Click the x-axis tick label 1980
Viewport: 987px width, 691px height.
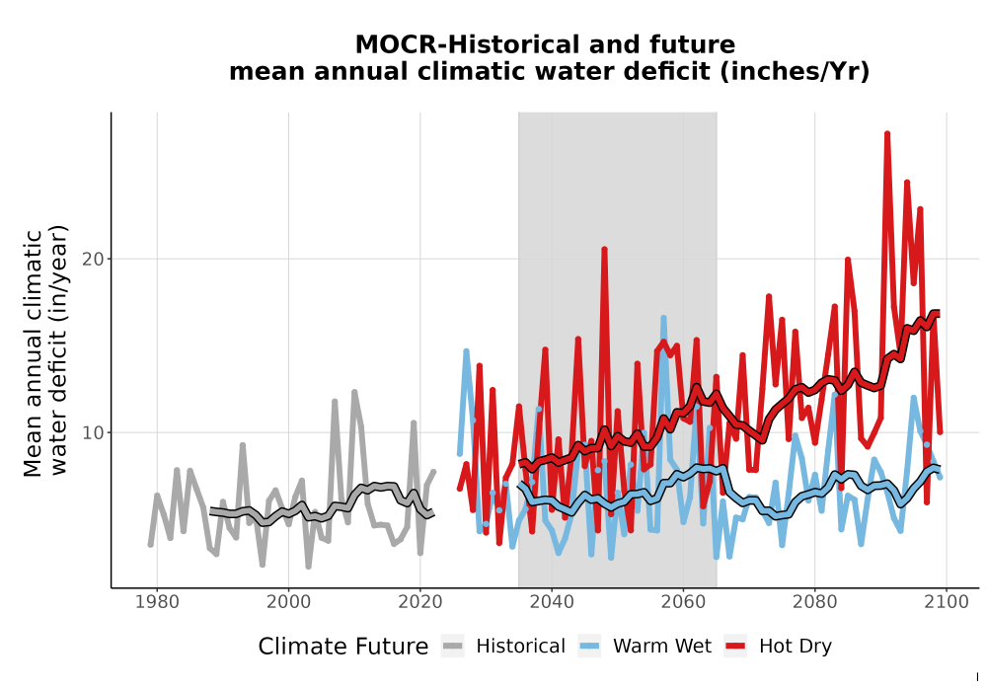(x=157, y=602)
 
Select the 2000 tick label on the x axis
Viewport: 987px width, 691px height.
(x=288, y=602)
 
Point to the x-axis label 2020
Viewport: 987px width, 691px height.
(x=419, y=602)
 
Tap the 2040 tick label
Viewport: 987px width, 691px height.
(x=552, y=602)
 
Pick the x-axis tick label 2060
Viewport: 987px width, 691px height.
(x=683, y=602)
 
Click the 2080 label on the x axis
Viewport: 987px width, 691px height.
(x=814, y=602)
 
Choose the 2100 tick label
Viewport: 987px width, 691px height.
(x=947, y=602)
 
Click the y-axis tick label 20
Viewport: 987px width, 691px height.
(x=93, y=260)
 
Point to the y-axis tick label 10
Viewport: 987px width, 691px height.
(x=93, y=433)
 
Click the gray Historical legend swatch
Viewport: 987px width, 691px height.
(x=453, y=647)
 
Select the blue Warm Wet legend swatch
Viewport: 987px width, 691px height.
(x=589, y=647)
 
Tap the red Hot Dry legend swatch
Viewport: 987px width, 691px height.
(x=735, y=647)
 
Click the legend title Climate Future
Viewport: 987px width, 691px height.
(x=343, y=647)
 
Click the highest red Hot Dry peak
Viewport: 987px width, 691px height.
(x=887, y=133)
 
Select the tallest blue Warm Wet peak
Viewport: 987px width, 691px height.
(x=663, y=319)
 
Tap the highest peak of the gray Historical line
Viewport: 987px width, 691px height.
(x=354, y=392)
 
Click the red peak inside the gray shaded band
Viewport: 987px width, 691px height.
(x=604, y=249)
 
